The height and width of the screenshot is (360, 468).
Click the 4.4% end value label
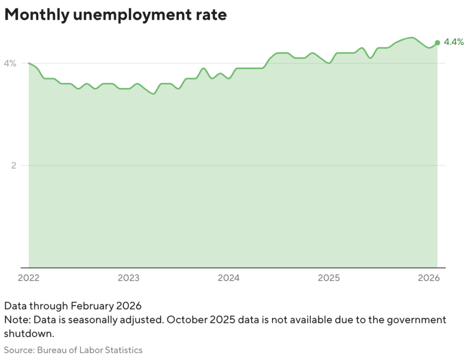(x=454, y=43)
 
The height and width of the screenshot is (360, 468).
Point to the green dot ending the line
(x=437, y=43)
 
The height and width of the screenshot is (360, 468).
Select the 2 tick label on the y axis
(x=14, y=165)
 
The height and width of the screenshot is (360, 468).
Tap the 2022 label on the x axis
(x=29, y=278)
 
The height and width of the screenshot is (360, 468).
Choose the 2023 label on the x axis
(x=129, y=278)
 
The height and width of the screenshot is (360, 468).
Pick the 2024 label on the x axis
(x=229, y=278)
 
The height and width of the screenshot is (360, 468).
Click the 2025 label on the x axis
(x=329, y=278)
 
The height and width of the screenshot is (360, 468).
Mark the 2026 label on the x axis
(x=429, y=278)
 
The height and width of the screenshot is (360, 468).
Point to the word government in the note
(x=415, y=319)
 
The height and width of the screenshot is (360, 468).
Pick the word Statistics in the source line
(x=123, y=350)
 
